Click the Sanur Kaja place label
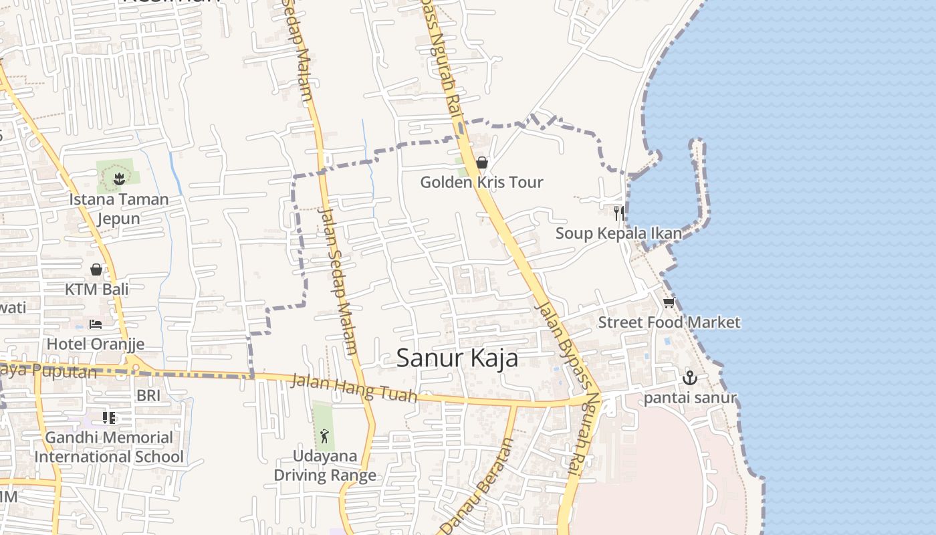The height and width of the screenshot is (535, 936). pos(457,358)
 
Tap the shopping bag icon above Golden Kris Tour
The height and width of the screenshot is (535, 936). pos(481,163)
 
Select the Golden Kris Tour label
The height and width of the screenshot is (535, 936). pos(481,182)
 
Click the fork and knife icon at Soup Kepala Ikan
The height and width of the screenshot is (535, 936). pos(619,213)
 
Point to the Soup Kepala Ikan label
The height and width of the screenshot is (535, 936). pos(618,233)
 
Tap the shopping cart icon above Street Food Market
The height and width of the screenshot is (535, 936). pos(669,302)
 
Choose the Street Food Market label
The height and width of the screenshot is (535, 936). pos(669,322)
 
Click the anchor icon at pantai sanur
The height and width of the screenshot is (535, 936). pos(689,378)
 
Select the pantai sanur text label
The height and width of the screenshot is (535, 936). pos(690,399)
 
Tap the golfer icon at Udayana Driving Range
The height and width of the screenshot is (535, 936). pos(324,436)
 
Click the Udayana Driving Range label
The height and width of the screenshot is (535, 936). pos(325,465)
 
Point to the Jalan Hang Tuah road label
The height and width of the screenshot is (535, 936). pos(354,388)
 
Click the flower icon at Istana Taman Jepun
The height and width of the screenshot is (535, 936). pos(119,179)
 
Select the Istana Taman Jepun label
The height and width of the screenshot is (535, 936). pos(119,209)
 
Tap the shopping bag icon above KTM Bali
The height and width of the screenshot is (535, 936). pos(96,270)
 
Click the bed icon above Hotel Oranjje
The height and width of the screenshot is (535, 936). pos(96,324)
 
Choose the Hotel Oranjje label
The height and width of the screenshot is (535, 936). pos(95,344)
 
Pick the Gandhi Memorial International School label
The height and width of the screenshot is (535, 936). pos(109,447)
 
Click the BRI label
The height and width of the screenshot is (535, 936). pos(148,395)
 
